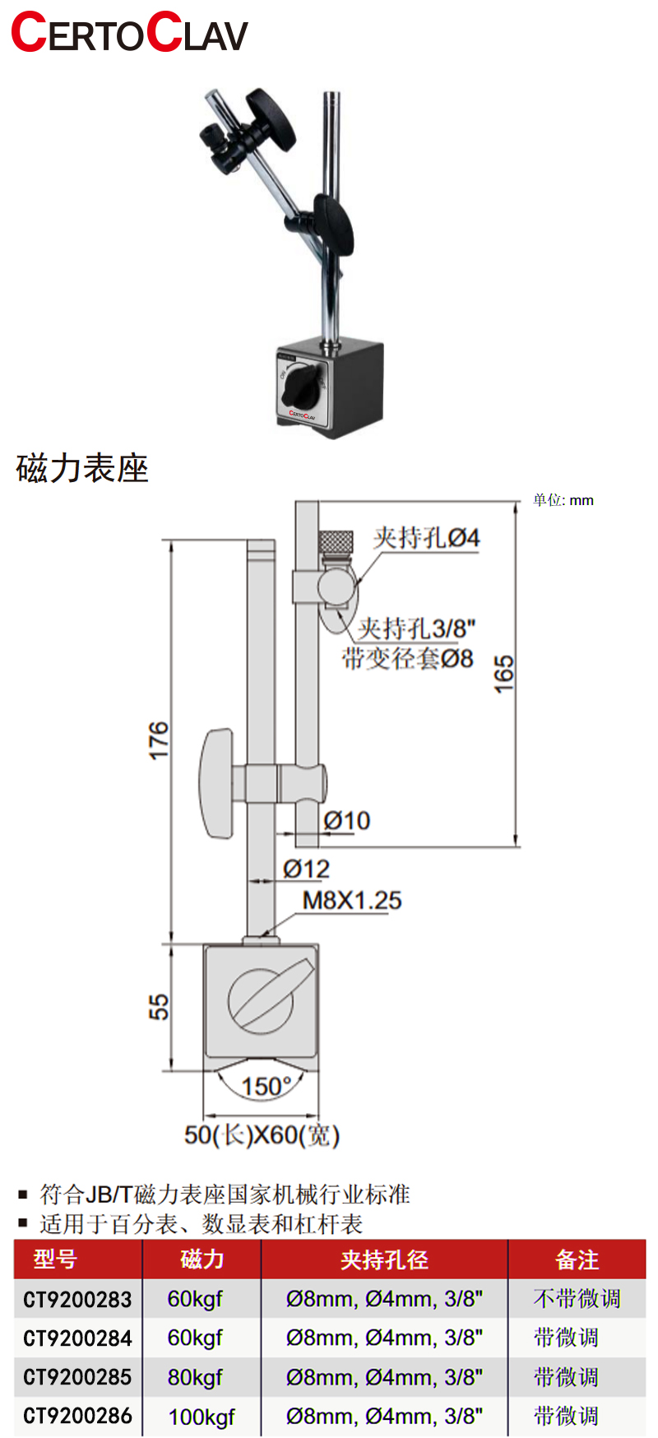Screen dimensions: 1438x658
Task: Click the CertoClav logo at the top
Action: coord(129,33)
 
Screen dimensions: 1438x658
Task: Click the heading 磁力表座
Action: coord(82,469)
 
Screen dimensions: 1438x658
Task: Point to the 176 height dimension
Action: coord(159,740)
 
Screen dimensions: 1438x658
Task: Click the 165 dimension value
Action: coord(503,674)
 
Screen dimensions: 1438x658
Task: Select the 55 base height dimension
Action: coord(159,1007)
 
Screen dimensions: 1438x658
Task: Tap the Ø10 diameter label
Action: coord(347,820)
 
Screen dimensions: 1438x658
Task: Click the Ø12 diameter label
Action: coord(306,869)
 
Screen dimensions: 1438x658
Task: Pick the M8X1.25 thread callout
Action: coord(352,900)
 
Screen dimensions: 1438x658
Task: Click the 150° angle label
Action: coord(266,1086)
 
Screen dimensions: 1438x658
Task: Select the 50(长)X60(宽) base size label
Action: coord(262,1135)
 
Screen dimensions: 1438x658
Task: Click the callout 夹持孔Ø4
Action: coord(426,538)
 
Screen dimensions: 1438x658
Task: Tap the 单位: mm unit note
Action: coord(563,500)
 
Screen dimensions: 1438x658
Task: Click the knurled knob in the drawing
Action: coord(336,542)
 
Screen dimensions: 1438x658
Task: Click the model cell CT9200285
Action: coord(77,1377)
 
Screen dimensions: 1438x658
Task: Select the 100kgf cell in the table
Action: coord(202,1417)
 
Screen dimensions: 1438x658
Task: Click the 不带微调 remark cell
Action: coord(577,1299)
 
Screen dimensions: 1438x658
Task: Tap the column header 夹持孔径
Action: coord(384,1259)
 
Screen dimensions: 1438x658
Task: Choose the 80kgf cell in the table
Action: coord(195,1377)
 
